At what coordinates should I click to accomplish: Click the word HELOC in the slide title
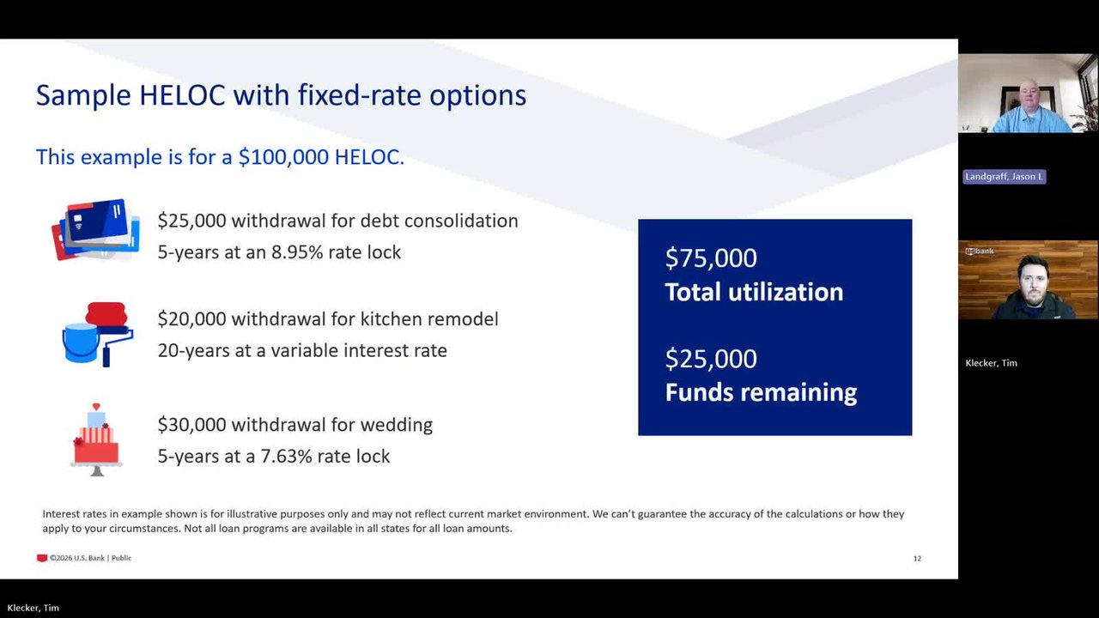pos(182,94)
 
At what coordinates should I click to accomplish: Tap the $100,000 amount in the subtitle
pos(283,157)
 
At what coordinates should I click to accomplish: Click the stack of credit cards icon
pos(95,229)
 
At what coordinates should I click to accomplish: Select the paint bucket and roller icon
pos(97,335)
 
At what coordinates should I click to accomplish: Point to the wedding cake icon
pos(96,439)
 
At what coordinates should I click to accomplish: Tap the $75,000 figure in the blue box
pos(711,258)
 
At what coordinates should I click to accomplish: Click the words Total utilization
pos(754,292)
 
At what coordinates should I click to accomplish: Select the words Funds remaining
pos(761,392)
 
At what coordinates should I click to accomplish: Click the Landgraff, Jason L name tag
pos(1004,177)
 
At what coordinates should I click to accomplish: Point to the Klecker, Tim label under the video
pos(991,363)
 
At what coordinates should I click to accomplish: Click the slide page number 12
pos(917,559)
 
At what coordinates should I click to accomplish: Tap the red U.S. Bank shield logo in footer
pos(42,558)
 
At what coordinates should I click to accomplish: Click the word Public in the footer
pos(121,558)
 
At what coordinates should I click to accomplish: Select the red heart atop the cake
pos(96,407)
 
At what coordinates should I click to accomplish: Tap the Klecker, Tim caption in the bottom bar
pos(33,609)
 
